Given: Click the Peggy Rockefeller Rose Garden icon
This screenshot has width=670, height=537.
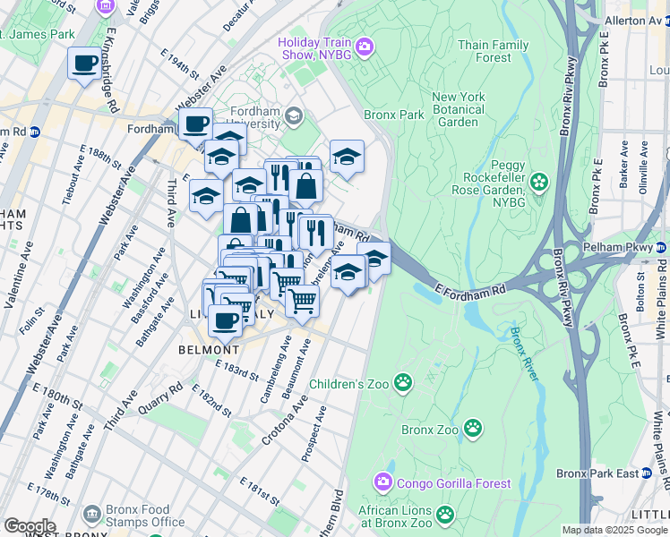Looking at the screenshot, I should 538,183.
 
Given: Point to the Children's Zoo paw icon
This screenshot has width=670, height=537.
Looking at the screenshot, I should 404,383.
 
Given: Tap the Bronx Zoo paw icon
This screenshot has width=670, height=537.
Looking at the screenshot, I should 473,430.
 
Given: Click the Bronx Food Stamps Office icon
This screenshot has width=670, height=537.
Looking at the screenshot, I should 92,514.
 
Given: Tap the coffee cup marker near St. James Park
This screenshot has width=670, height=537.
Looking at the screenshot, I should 85,64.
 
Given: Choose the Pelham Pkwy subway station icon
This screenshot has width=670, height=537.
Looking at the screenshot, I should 662,245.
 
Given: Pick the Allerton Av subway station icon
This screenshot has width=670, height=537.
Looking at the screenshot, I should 663,20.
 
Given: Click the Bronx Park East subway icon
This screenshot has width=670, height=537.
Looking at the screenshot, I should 662,473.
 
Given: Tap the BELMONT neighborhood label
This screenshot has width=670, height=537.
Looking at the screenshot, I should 209,349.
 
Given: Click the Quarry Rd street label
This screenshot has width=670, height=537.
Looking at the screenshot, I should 163,398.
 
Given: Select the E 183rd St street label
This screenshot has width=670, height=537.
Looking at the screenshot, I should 236,368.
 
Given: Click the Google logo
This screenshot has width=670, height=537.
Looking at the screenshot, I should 30,526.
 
